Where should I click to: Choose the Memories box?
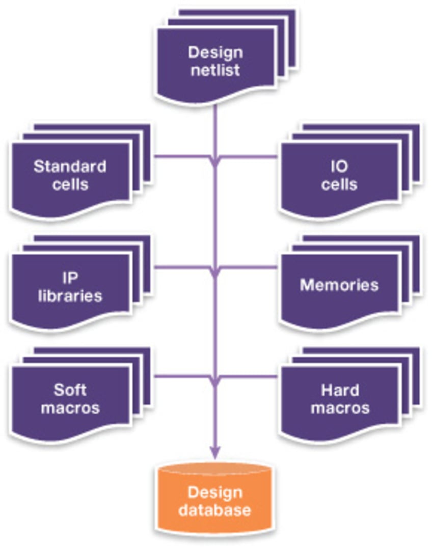339,285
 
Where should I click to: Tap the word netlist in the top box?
215,70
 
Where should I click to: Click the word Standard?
70,167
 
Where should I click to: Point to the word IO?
339,167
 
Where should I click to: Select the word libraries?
70,295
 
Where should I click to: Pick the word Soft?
70,391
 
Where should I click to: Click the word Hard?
340,391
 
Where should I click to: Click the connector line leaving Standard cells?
181,156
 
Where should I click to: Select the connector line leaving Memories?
250,267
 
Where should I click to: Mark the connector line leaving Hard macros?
250,377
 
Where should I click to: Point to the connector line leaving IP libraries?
181,267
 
